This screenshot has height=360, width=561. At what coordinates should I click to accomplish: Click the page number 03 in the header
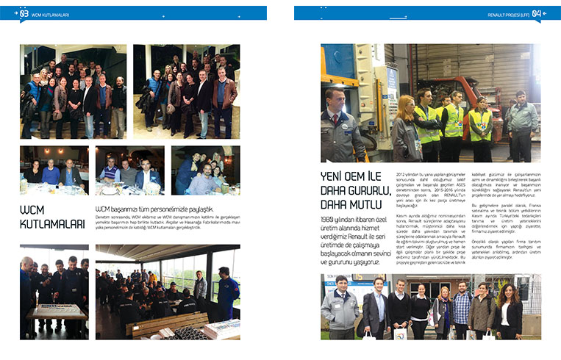[24, 13]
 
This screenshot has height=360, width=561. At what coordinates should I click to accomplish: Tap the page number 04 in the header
[537, 13]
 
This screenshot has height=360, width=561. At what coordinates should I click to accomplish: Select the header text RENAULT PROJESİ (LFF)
[507, 14]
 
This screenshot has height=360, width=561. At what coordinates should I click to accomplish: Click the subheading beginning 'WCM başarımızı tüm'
[154, 209]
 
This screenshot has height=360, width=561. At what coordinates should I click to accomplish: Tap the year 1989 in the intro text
[330, 220]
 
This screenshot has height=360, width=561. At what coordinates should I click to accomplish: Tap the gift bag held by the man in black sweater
[401, 334]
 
